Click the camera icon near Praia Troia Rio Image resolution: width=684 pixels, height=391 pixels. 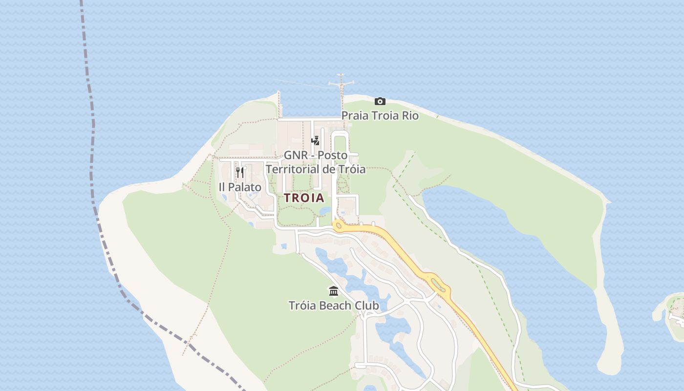point(380,102)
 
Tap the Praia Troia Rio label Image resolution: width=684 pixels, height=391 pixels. point(380,116)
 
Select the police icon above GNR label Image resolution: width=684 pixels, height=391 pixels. point(316,141)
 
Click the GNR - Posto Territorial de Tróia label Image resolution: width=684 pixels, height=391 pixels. point(316,162)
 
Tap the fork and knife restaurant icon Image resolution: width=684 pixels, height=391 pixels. point(239,172)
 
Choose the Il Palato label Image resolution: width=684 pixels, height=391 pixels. point(239,187)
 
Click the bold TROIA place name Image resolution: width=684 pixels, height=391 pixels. point(304,198)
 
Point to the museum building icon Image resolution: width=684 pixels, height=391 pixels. point(334,291)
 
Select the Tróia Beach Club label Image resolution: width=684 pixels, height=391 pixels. point(334,306)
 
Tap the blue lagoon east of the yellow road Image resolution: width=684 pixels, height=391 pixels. point(513,235)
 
